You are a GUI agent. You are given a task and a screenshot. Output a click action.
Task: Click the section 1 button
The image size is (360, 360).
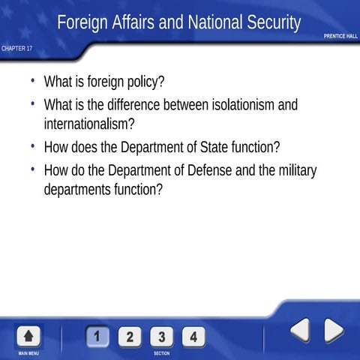coord(97,336)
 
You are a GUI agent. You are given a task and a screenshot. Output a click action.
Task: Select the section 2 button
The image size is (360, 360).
coord(130,336)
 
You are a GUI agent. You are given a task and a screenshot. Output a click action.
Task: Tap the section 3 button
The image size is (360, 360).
coord(161,336)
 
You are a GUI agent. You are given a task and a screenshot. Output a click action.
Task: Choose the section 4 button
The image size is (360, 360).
coord(193,336)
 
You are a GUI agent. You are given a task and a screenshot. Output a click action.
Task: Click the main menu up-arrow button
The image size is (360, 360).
coord(28,335)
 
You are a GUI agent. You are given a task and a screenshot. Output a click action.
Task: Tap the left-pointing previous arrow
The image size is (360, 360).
coord(300,330)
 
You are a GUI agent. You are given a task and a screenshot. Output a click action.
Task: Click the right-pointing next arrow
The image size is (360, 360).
coord(333,330)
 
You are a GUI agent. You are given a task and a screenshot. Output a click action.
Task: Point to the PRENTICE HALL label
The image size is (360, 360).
coord(340,36)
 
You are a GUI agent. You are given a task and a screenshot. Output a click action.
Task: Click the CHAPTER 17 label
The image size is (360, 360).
coord(16,49)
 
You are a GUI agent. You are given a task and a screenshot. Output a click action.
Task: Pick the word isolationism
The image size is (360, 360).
coord(232,104)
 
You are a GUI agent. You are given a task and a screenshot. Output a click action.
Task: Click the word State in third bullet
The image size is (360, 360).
coord(217,147)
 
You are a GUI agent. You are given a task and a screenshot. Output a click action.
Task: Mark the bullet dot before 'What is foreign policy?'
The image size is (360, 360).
coord(33,79)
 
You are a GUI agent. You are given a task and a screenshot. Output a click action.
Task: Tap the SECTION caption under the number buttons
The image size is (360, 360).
coord(161,353)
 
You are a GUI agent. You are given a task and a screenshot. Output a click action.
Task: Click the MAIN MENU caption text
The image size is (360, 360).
coord(28,353)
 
